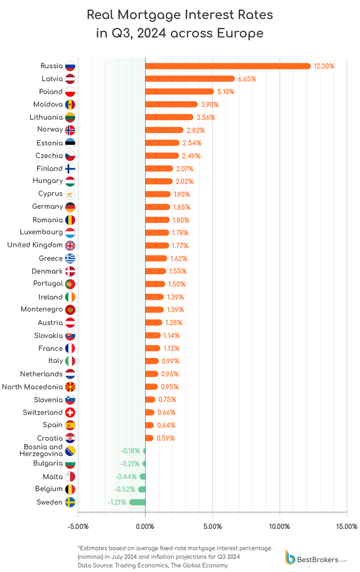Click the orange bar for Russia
tap(228, 66)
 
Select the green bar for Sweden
tap(137, 502)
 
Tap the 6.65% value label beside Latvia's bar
tap(247, 79)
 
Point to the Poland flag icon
tap(70, 91)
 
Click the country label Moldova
tap(48, 104)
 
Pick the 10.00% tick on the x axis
tap(280, 526)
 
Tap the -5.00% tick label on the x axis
tap(78, 526)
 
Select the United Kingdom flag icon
tap(70, 245)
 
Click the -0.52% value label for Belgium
tap(124, 489)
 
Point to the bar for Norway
tap(164, 130)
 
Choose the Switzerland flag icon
tap(70, 412)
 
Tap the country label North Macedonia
tap(32, 386)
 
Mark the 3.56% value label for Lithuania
tap(205, 117)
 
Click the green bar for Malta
tap(142, 476)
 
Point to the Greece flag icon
tap(70, 258)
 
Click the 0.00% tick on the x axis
tap(145, 526)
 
